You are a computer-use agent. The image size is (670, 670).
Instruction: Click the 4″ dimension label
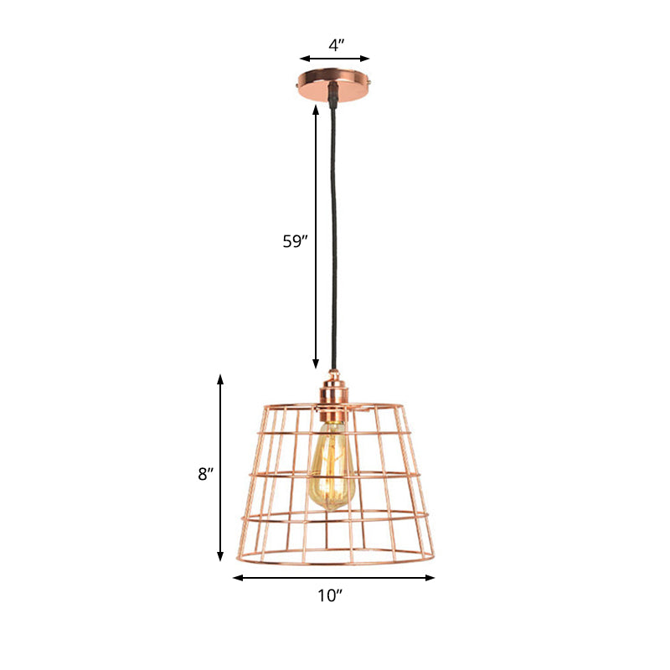point(334,47)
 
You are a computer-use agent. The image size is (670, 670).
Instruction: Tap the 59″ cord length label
point(295,242)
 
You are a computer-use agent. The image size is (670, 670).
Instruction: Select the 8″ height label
point(204,474)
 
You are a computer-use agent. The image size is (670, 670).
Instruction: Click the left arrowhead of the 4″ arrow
point(303,59)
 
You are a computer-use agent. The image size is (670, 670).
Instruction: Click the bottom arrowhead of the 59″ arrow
point(316,365)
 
